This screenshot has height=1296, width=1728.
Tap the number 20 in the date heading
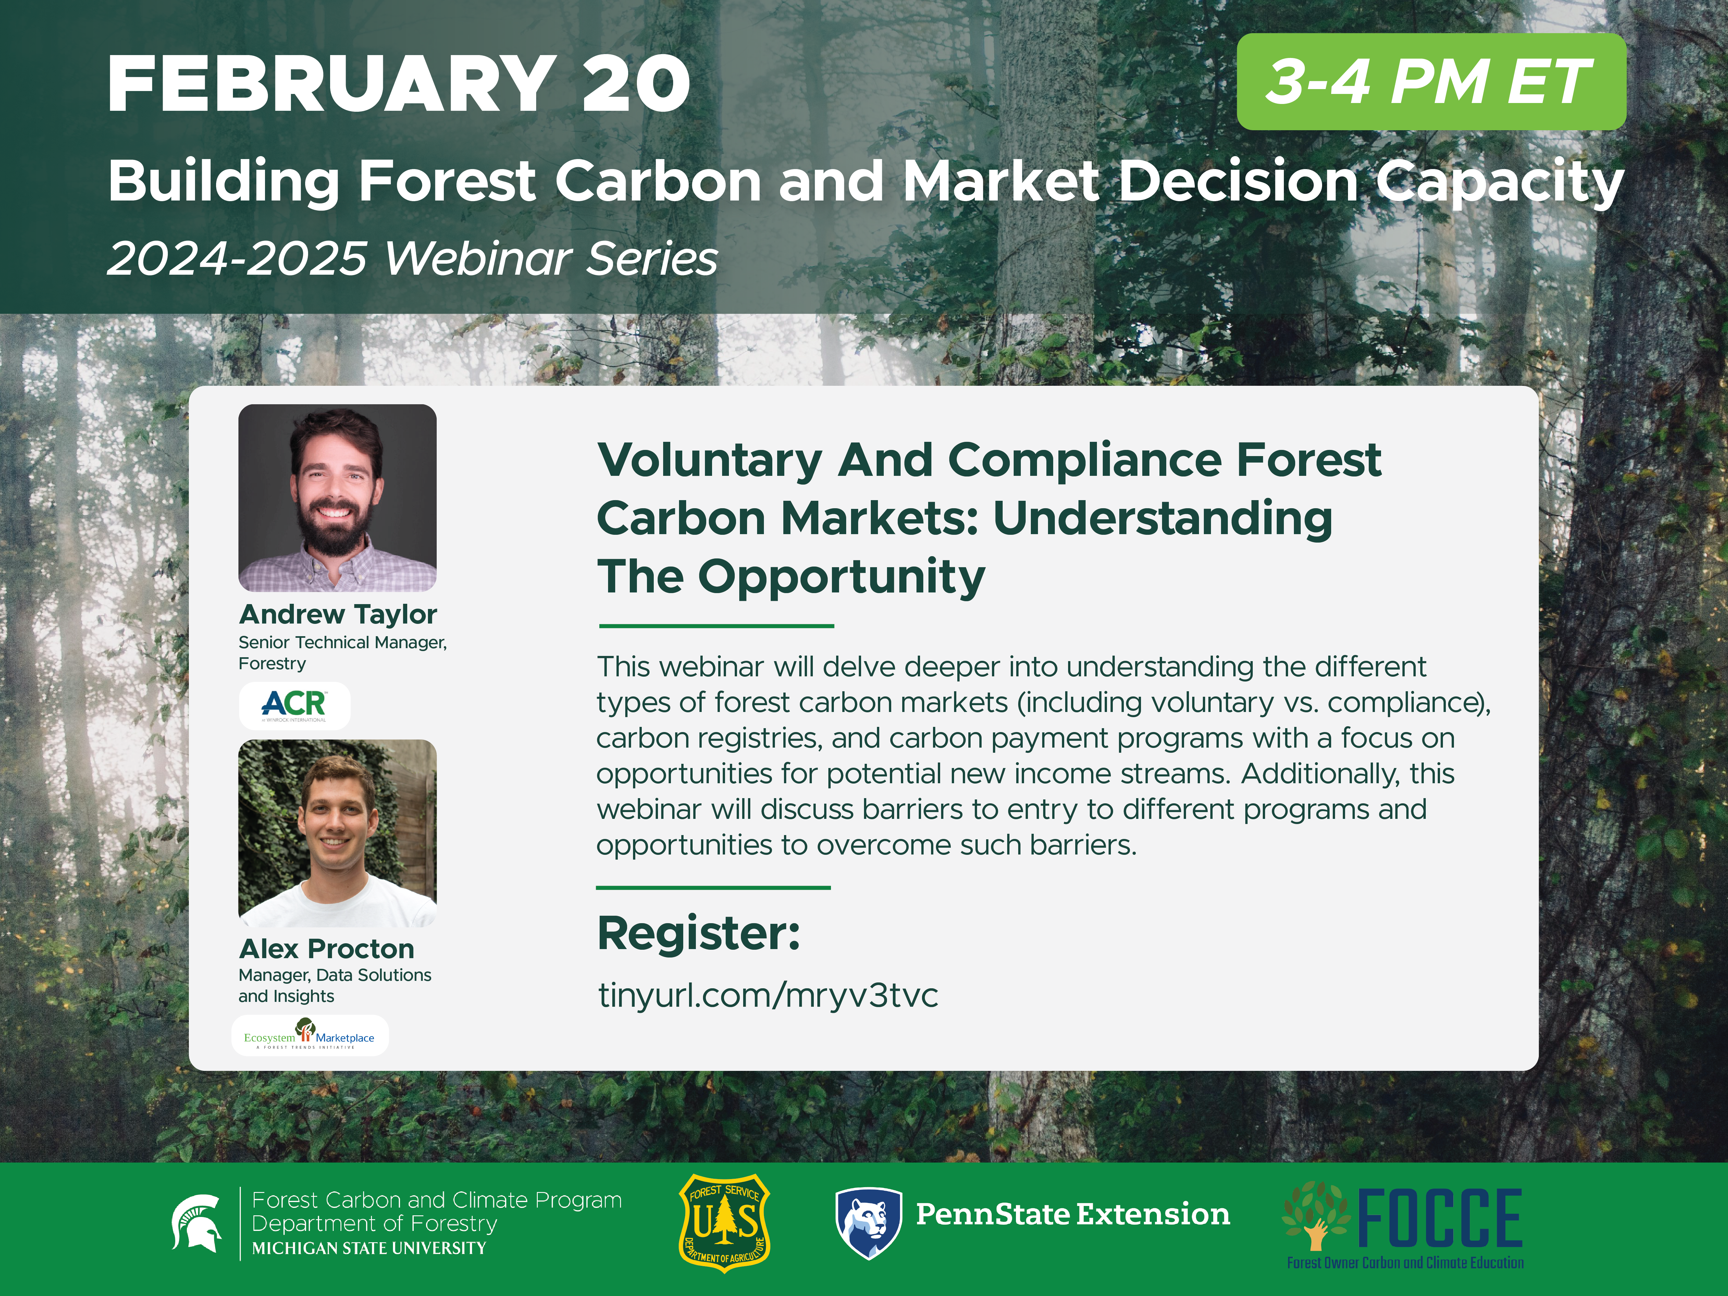pos(635,84)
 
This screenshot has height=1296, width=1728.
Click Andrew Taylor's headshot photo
pos(338,498)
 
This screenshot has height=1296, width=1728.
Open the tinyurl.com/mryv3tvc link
pos(768,995)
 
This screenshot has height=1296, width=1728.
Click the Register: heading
pos(698,933)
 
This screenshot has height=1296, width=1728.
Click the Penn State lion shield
pos(869,1223)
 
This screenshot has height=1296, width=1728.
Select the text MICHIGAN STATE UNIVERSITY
pos(369,1248)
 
